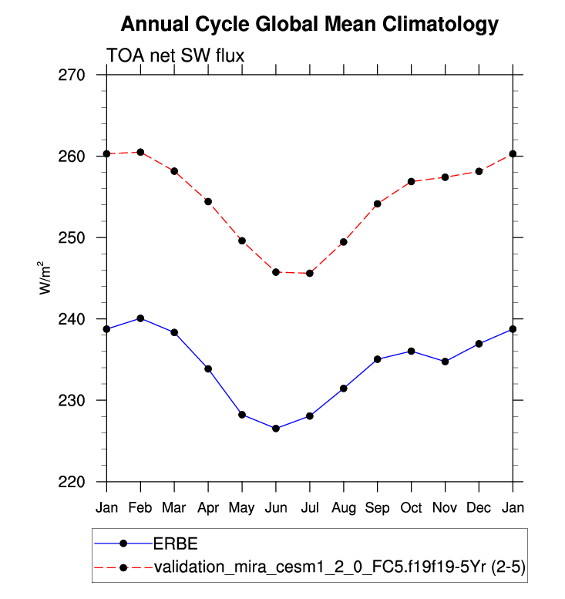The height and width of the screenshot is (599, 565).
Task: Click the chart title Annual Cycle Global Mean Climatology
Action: pos(309,25)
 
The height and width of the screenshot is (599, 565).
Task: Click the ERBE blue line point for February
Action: pos(140,318)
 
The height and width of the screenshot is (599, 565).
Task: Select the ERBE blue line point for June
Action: pos(275,429)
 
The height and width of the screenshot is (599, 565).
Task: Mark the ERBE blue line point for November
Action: pos(445,362)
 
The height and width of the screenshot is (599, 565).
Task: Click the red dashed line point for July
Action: pos(309,273)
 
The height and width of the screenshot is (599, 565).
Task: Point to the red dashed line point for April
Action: pos(208,201)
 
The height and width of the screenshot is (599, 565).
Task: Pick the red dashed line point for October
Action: pos(411,181)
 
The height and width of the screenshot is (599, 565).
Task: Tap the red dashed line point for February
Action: pos(140,152)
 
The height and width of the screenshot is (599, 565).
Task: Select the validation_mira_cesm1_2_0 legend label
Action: pos(339,567)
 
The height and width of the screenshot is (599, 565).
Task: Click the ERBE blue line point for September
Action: pos(377,359)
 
